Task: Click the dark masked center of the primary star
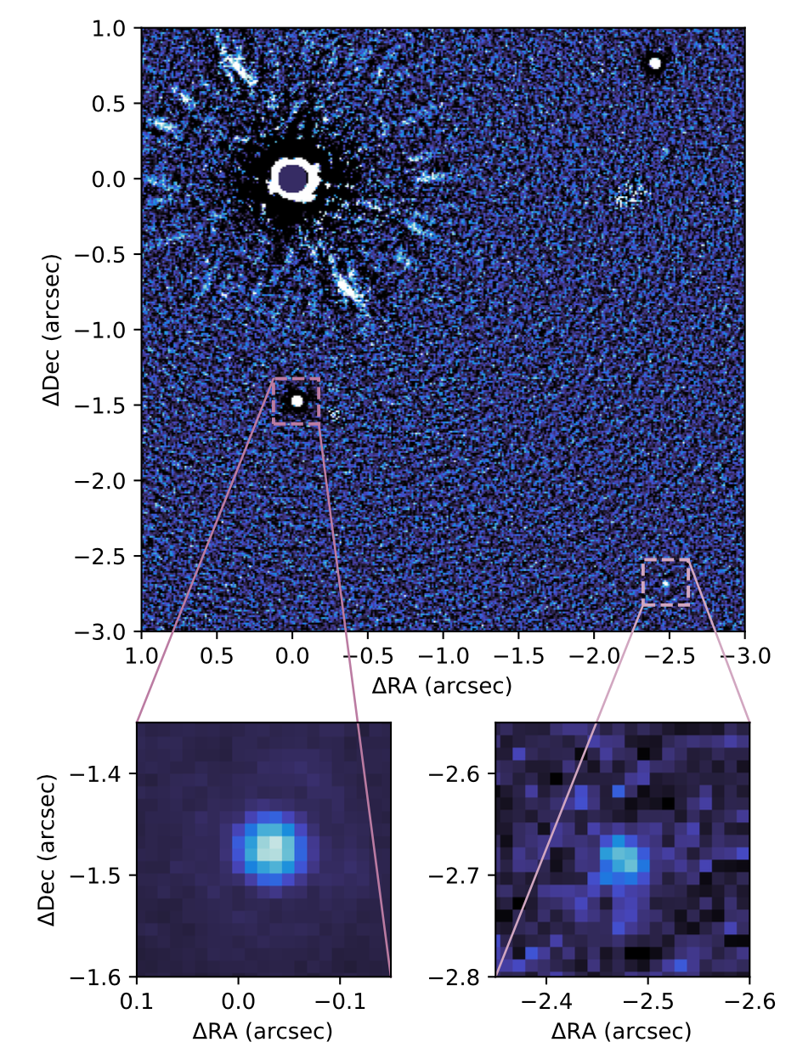[x=293, y=178]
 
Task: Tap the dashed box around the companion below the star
[x=296, y=401]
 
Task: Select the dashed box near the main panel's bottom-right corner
[x=666, y=582]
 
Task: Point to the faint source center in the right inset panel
[x=625, y=858]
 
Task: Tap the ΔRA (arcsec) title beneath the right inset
[x=622, y=1032]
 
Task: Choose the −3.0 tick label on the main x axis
[x=744, y=656]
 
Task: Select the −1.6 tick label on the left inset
[x=106, y=976]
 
